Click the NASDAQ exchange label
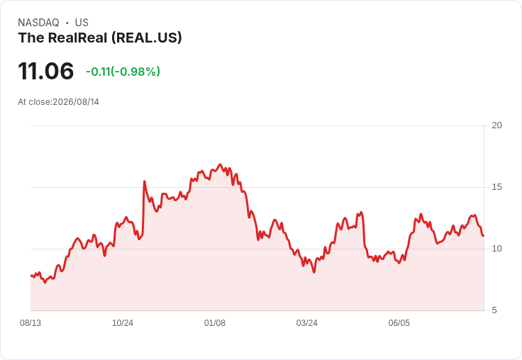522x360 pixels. coord(38,23)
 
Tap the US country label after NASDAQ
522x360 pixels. coord(82,23)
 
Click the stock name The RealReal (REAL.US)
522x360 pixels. coord(100,38)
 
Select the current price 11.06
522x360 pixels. coord(46,71)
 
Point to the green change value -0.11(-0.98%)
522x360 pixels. coord(123,72)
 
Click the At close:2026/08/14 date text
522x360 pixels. coord(59,102)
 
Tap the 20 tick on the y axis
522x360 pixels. coord(496,125)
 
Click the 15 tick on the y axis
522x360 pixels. coord(496,187)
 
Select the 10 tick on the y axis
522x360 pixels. coord(496,249)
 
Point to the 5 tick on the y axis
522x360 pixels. coord(494,310)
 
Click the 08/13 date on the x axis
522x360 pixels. coord(30,323)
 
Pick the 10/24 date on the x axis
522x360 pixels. coord(123,323)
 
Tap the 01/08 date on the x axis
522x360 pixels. coord(215,323)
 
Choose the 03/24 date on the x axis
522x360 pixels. coord(307,323)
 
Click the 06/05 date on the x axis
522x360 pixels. coord(399,323)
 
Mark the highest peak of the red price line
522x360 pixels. coord(220,164)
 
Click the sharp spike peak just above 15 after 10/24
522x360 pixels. coord(144,181)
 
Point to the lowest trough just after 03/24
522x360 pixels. coord(314,272)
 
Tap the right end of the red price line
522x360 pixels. coord(484,235)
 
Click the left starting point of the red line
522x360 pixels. coord(31,276)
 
